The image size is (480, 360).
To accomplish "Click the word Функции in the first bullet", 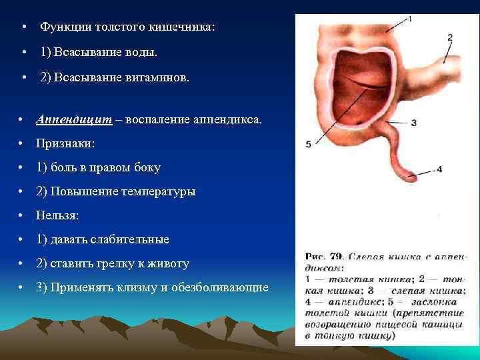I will pos(61,27).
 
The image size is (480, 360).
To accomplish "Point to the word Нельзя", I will pos(57,215).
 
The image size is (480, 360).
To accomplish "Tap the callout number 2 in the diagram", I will pos(450,37).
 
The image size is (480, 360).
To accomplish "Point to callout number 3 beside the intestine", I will pos(414,123).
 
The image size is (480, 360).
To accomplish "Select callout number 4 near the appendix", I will pos(439,169).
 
